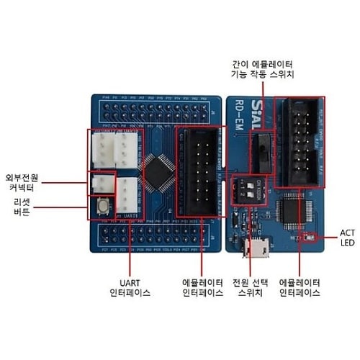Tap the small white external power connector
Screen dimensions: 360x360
point(101,184)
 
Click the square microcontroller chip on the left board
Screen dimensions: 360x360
point(156,170)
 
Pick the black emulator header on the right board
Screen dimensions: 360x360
point(303,141)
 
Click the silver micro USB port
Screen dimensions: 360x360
point(256,249)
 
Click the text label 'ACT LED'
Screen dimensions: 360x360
point(348,238)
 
